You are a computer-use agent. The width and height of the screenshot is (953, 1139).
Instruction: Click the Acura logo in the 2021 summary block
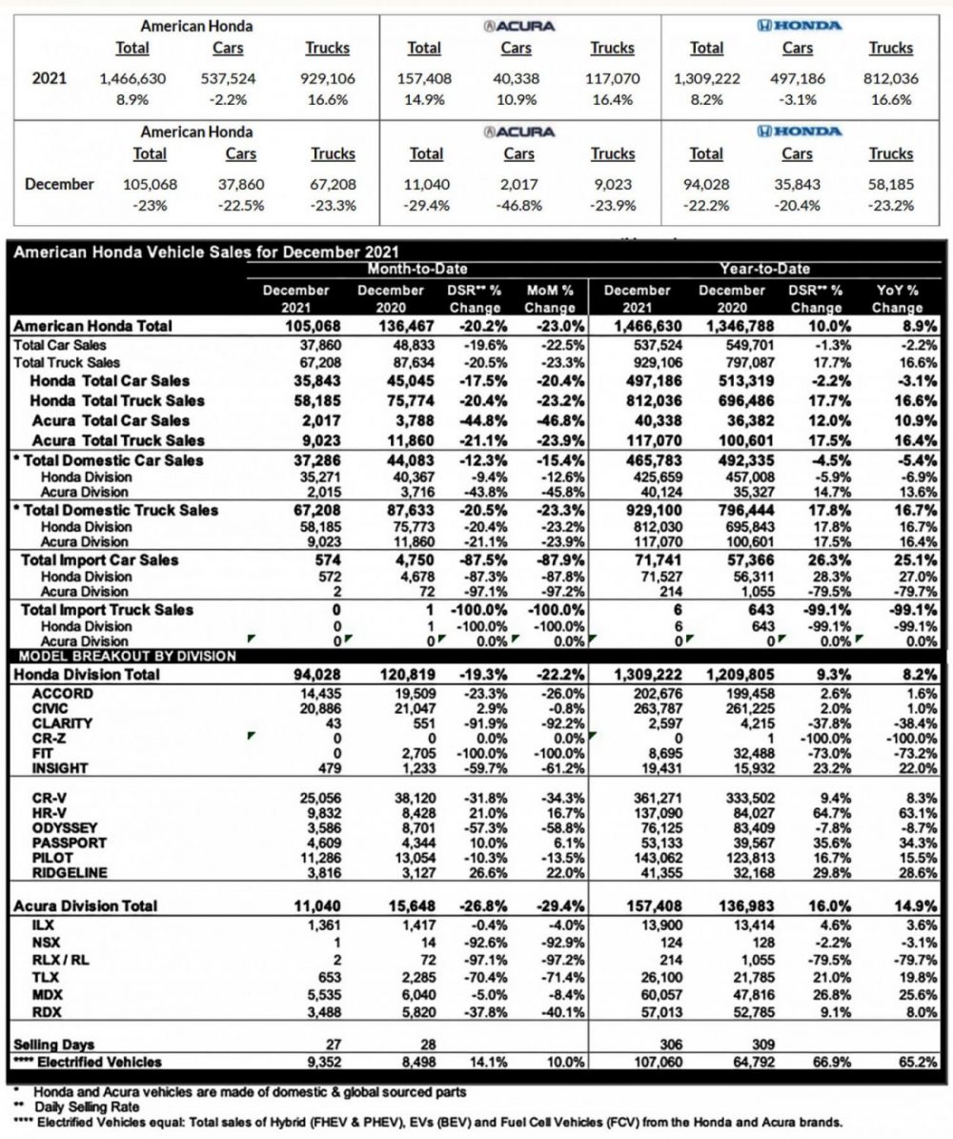518,26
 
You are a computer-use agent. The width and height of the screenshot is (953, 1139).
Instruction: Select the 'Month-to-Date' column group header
417,270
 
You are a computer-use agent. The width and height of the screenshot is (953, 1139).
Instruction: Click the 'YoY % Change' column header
897,298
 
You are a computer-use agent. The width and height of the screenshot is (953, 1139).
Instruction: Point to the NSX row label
45,941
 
